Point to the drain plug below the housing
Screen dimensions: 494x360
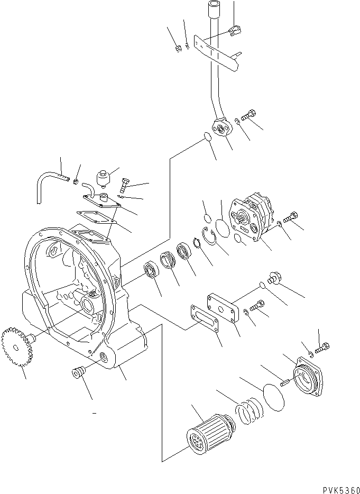(x=78, y=373)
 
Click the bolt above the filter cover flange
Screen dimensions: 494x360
(x=322, y=348)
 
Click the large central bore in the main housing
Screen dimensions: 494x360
(x=88, y=305)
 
